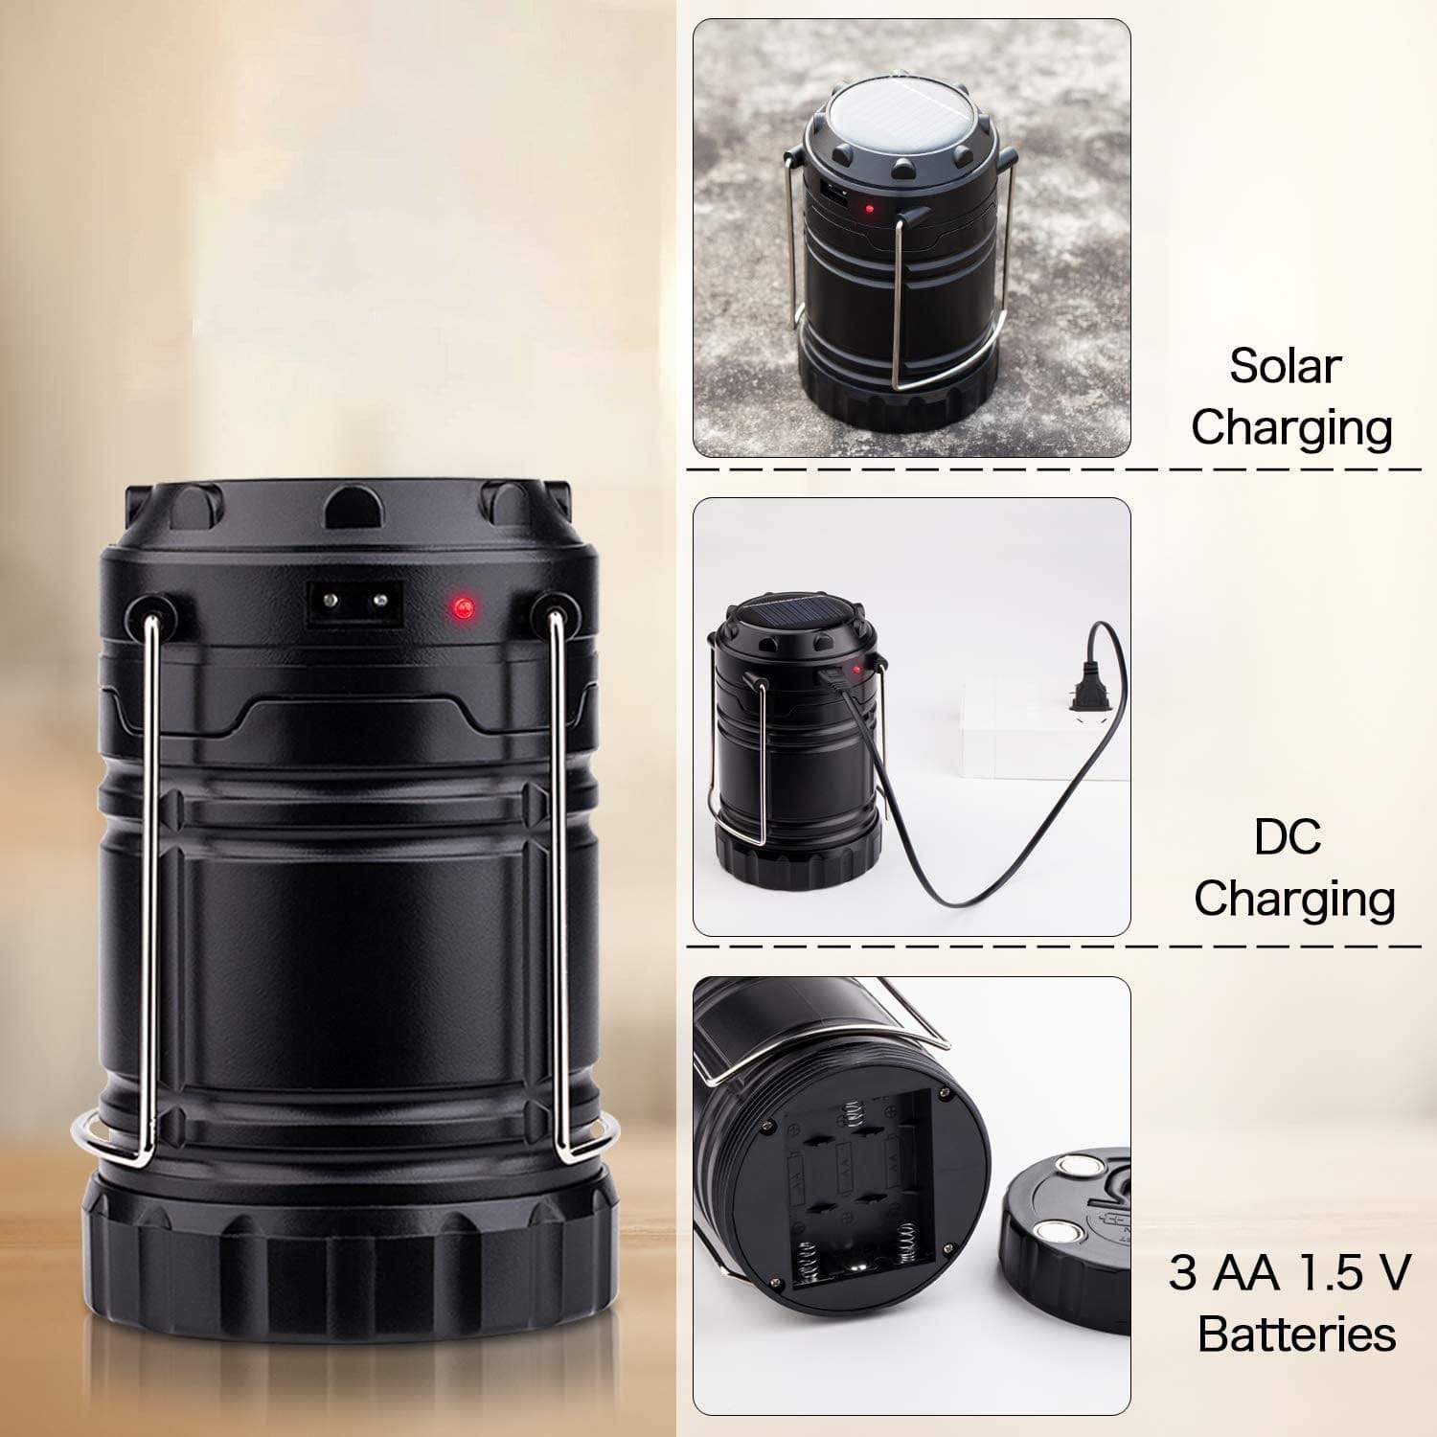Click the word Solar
(x=1286, y=366)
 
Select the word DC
(x=1287, y=836)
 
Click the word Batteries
(x=1296, y=1334)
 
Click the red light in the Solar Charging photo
(x=869, y=208)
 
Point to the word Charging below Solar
(x=1291, y=427)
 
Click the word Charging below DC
(x=1293, y=898)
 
